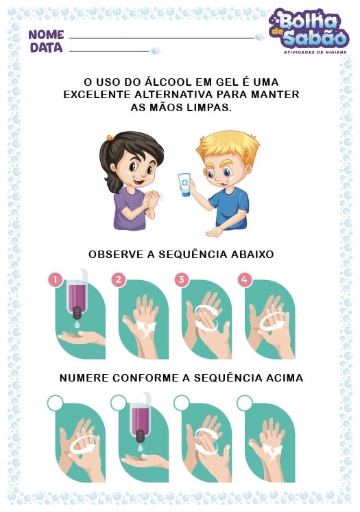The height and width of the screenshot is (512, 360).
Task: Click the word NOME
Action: point(46,35)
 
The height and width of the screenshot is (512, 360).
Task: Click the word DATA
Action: point(46,47)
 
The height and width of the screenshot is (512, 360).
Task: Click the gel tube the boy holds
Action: point(184,185)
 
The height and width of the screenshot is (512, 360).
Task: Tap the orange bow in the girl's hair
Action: point(110,137)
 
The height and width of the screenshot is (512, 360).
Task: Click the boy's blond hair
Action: point(228,148)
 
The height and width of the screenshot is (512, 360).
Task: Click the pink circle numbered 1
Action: point(56,280)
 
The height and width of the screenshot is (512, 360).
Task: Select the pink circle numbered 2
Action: point(119,280)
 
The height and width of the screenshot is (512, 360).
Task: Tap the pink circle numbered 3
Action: point(182,280)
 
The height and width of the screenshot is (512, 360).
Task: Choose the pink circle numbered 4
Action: point(245,280)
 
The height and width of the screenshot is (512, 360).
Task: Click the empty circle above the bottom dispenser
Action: point(119,403)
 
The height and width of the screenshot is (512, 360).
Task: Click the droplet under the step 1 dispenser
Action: point(77,325)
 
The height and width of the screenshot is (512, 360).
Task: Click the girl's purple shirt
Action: point(130,209)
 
